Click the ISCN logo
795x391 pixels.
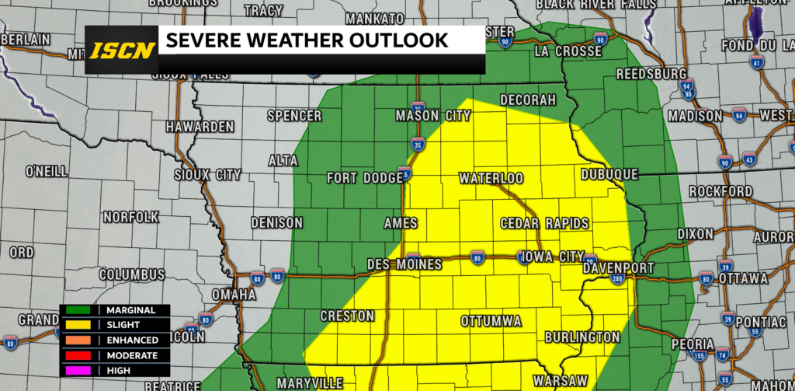[x=121, y=51]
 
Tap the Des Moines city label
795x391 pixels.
[x=404, y=264]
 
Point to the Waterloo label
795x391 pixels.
[x=491, y=178]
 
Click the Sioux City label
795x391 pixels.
[x=207, y=175]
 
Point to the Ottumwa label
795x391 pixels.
[x=491, y=321]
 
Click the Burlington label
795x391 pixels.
[x=582, y=337]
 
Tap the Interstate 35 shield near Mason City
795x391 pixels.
[x=417, y=144]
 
